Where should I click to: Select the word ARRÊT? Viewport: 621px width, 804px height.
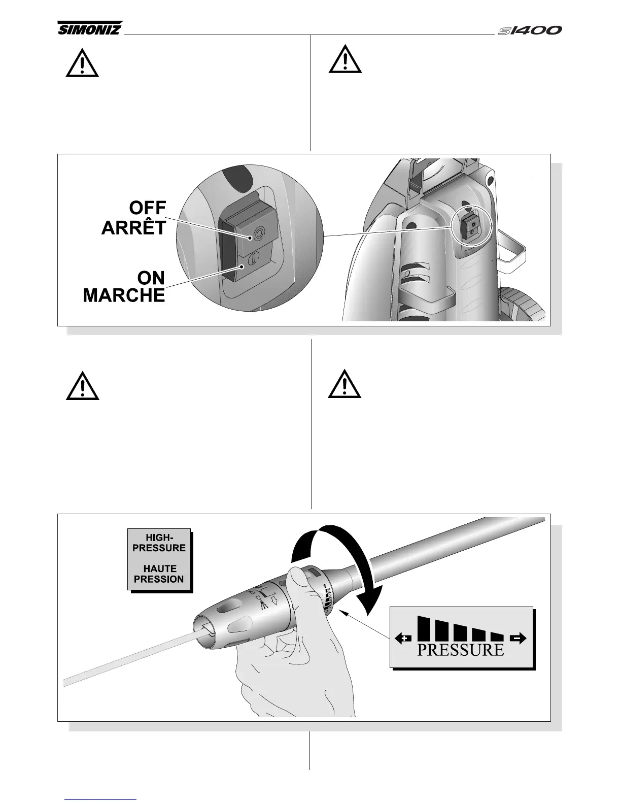[134, 228]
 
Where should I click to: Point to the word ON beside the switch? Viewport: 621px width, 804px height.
[151, 278]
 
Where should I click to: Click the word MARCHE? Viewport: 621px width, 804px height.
[124, 295]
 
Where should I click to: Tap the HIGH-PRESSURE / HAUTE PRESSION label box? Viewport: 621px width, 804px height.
[159, 559]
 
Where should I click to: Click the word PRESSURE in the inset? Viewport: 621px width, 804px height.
[460, 650]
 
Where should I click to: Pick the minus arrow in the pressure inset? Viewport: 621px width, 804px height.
[519, 639]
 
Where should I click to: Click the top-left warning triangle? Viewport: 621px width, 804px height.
[82, 64]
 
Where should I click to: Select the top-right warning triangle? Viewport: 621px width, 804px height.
[345, 60]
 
